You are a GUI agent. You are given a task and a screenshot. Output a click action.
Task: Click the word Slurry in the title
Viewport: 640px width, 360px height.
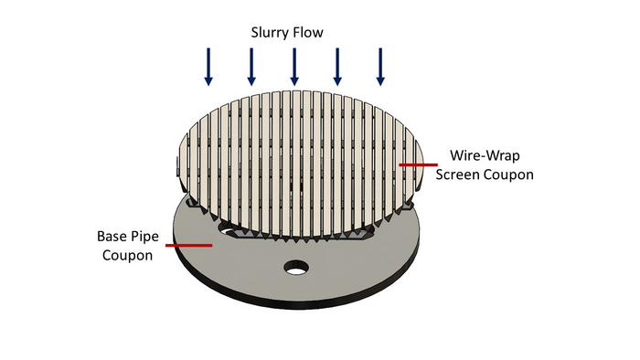[x=271, y=33]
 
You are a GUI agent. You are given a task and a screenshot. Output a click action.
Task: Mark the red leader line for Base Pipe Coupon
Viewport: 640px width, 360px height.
[x=195, y=245]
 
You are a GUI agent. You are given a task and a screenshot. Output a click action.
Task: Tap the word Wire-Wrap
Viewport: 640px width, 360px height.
[x=485, y=155]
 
